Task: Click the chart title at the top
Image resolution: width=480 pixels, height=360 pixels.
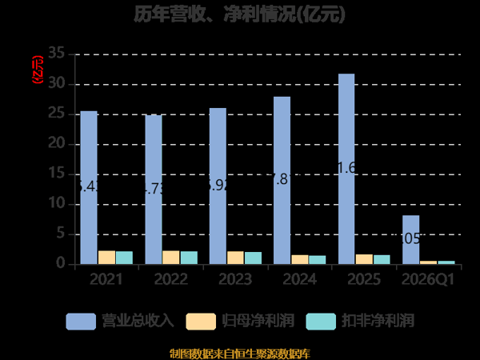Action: (x=240, y=14)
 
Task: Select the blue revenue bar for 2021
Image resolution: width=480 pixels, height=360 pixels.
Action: (x=89, y=187)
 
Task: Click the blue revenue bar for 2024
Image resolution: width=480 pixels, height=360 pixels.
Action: (x=282, y=180)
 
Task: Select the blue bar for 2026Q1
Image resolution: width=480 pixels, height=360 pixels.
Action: (x=410, y=239)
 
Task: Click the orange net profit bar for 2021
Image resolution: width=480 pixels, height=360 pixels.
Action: (x=106, y=257)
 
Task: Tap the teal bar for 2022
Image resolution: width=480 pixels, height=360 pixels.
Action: (x=189, y=258)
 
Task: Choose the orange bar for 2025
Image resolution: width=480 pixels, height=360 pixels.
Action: (x=364, y=258)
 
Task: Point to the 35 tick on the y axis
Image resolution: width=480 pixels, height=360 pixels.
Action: (x=57, y=54)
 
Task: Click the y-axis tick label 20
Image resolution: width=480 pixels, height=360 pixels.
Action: (x=57, y=144)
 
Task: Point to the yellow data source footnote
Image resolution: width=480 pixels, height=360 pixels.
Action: (x=240, y=353)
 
